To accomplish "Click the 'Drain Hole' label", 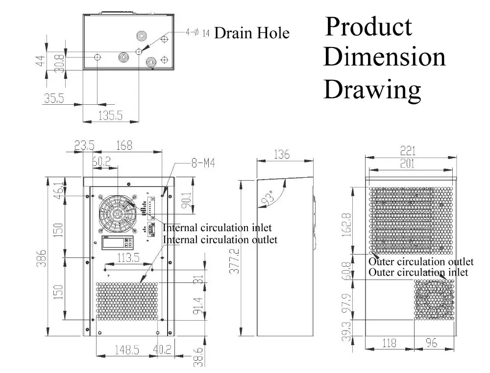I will [x=252, y=33].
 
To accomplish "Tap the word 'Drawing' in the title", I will [x=372, y=90].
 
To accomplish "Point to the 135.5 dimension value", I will [x=110, y=116].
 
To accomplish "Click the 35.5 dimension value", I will [x=54, y=98].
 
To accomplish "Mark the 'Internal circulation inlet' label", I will [x=217, y=228].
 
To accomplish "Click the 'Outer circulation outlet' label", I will [x=421, y=262].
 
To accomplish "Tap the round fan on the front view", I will [x=117, y=214].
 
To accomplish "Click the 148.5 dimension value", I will [x=124, y=350].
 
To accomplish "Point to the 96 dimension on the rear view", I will [x=431, y=343].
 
